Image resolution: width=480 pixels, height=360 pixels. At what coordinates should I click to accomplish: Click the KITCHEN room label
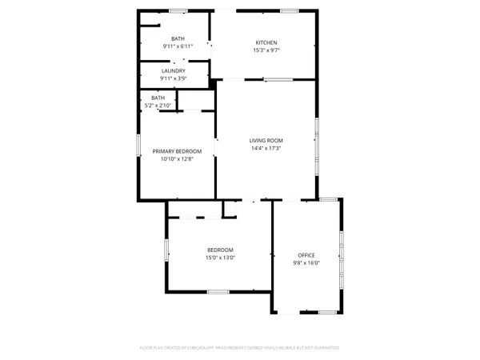(x=266, y=42)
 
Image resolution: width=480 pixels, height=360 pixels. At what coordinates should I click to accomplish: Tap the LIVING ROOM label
(x=266, y=141)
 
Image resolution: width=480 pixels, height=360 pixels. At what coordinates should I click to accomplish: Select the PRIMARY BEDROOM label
(x=177, y=150)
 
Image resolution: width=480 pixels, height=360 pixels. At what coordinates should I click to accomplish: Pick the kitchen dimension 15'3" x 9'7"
(x=266, y=50)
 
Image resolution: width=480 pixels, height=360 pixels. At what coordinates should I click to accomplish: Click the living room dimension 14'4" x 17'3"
(x=266, y=149)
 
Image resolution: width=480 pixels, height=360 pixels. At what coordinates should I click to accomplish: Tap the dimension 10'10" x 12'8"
(x=177, y=158)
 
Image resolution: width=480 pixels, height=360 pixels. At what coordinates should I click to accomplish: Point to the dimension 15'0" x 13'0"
(x=220, y=258)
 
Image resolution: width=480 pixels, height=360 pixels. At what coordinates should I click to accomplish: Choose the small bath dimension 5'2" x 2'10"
(x=158, y=105)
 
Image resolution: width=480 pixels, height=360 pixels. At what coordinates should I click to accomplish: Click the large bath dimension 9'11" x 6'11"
(x=178, y=46)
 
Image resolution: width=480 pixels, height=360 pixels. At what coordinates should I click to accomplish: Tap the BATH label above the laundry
(x=178, y=38)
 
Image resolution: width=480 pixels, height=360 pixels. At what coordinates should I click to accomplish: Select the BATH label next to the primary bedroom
(x=158, y=98)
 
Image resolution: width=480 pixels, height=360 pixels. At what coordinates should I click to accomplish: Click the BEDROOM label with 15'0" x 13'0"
(x=220, y=250)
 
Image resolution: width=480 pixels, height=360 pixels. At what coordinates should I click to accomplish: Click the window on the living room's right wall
(x=317, y=140)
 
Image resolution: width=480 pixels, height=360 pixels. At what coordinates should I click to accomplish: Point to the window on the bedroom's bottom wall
(x=218, y=292)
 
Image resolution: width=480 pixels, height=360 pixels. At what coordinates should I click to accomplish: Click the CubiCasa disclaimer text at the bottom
(x=240, y=348)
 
